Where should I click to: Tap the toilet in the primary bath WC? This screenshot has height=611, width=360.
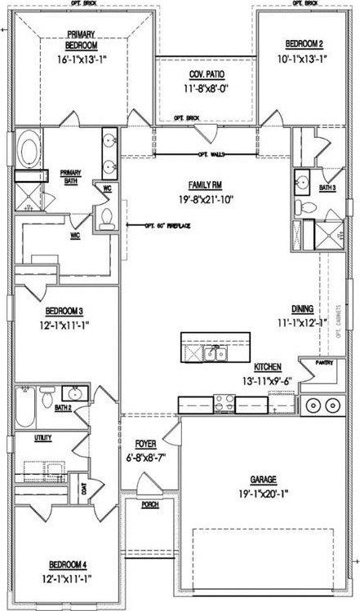point(106,217)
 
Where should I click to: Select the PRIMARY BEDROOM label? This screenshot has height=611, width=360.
point(82,42)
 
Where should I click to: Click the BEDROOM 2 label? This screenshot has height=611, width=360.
point(304,43)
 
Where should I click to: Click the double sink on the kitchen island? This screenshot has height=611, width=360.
point(215,353)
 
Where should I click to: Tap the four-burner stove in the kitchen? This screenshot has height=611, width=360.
point(226,402)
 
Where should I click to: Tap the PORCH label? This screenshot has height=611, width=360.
point(150,504)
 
